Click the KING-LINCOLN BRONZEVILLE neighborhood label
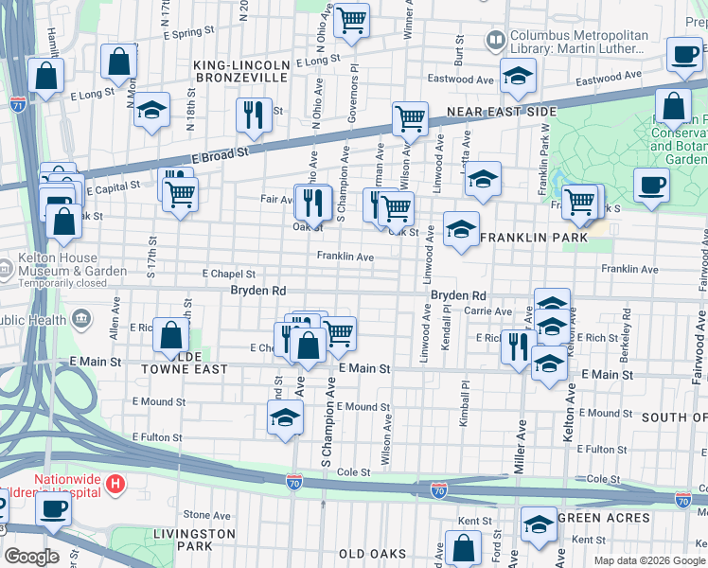click(x=240, y=70)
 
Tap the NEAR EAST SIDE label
click(x=502, y=112)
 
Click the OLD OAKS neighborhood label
click(x=372, y=554)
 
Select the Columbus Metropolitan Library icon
click(x=495, y=41)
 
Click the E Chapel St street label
click(x=229, y=274)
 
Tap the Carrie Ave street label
click(x=488, y=311)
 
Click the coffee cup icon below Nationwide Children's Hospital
click(x=53, y=509)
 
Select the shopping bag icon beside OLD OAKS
click(x=463, y=548)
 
